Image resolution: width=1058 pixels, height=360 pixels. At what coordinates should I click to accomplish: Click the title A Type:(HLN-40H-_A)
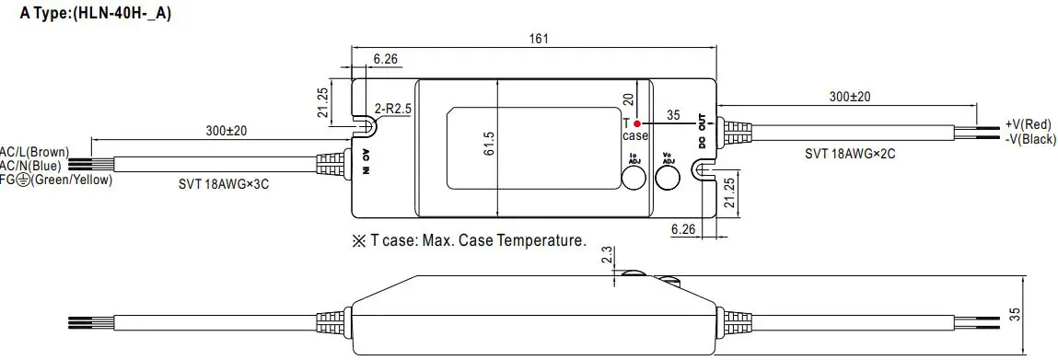(x=88, y=14)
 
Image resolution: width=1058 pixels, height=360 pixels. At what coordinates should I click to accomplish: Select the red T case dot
(x=637, y=122)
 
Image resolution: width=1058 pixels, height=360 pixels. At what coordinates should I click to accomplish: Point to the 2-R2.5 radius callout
(x=393, y=109)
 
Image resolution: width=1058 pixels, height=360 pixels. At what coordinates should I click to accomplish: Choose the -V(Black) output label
(x=1029, y=138)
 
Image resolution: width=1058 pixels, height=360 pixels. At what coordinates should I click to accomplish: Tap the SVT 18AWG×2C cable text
(x=849, y=154)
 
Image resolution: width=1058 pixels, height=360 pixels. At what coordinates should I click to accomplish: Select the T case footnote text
(x=469, y=241)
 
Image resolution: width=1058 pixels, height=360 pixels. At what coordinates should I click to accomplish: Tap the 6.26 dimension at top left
(x=386, y=60)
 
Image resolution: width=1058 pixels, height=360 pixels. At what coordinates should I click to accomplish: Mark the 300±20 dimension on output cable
(x=849, y=97)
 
